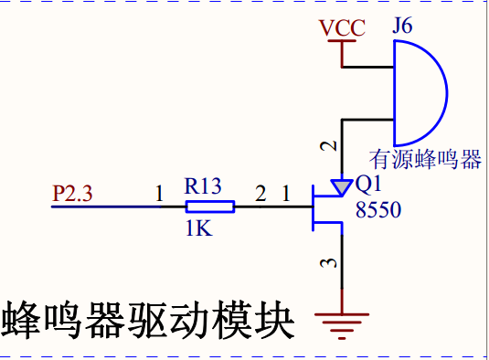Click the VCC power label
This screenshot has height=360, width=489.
(x=342, y=27)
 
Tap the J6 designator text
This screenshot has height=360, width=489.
(x=402, y=26)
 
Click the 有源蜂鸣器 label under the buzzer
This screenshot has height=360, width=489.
(x=425, y=159)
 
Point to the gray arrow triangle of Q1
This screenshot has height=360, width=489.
(x=342, y=187)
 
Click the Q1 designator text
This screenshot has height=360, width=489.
(x=368, y=184)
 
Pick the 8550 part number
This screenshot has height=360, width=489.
(x=378, y=209)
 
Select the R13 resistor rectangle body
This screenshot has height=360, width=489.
(x=210, y=206)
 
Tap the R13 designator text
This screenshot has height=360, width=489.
(x=203, y=186)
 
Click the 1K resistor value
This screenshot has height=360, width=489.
(x=199, y=228)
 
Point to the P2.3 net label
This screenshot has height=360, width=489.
(x=72, y=193)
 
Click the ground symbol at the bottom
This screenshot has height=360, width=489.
(x=342, y=325)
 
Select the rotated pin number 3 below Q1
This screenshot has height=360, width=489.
(x=329, y=263)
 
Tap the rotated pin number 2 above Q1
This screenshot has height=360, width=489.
(x=329, y=146)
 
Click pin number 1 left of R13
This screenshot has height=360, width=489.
(x=159, y=193)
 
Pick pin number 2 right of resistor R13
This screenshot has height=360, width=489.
(x=260, y=193)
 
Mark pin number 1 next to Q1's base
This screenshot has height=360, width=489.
(x=286, y=193)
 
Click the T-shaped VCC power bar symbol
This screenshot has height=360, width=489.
(x=342, y=54)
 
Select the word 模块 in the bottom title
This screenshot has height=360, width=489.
(x=253, y=320)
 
